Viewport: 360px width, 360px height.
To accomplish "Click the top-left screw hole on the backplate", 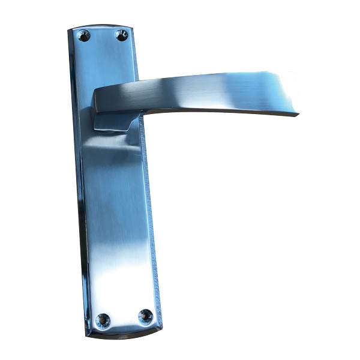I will tap(84, 35).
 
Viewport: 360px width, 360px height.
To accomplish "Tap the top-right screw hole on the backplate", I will tap(122, 35).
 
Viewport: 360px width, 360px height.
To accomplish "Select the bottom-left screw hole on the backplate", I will tap(103, 320).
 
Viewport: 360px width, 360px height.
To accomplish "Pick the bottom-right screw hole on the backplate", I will tap(145, 316).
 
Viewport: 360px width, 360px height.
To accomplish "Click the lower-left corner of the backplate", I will tap(88, 333).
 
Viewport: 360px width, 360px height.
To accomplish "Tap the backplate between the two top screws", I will tap(103, 36).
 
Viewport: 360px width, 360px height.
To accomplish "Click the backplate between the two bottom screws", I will tap(124, 318).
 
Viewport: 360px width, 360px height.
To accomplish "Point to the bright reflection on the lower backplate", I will tap(123, 276).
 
